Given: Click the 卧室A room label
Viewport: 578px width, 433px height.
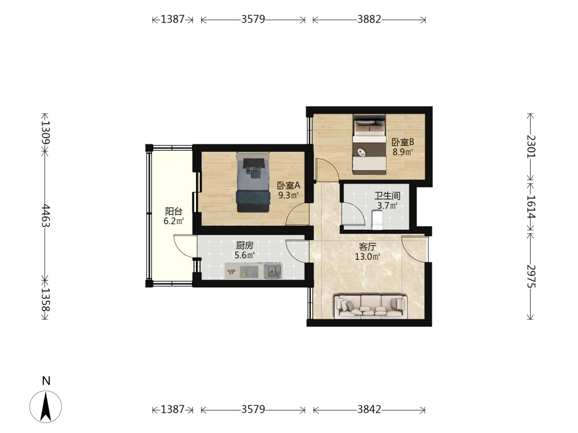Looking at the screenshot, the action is [288, 185].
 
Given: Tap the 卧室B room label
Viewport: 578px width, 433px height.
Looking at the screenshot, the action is [402, 142].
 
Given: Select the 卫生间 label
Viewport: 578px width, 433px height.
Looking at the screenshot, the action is [387, 196].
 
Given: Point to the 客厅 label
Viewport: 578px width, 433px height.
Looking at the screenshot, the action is [368, 247].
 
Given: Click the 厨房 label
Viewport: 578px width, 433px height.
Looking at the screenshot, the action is [244, 245].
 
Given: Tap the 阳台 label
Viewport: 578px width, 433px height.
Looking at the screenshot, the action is [173, 212].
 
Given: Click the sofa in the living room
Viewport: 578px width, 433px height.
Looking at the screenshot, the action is [371, 307].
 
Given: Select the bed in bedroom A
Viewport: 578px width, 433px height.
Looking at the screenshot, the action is [253, 182].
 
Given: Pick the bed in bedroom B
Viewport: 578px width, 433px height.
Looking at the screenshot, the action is [369, 144].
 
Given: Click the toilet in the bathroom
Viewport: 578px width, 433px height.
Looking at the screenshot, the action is [377, 219].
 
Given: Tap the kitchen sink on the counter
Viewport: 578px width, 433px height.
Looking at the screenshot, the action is [273, 271].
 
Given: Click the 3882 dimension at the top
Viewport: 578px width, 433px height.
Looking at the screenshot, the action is [369, 19].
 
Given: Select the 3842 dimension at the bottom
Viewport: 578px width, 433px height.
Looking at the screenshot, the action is [369, 409].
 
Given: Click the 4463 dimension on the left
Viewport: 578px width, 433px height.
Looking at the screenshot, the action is [45, 216].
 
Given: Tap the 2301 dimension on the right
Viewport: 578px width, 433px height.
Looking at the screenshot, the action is [531, 146].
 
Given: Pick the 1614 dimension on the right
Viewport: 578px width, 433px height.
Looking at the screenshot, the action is [531, 206].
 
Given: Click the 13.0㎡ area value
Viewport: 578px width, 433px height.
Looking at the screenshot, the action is [368, 257].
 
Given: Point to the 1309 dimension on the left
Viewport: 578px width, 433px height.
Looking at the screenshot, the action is [45, 133].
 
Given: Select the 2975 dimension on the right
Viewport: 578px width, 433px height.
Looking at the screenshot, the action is [531, 276].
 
